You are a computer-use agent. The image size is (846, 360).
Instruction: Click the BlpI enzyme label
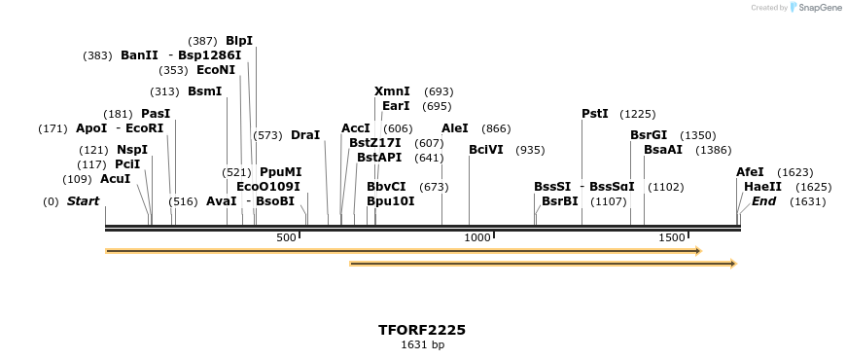point(239,41)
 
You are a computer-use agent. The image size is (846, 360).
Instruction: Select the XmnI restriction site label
point(392,91)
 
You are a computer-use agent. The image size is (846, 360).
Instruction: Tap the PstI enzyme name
point(595,114)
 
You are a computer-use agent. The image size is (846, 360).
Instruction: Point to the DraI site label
point(305,135)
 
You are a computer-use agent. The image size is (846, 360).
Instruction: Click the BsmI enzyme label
point(205,91)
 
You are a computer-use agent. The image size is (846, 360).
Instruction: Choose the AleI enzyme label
point(455,128)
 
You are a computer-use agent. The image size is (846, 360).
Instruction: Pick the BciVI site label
point(486,150)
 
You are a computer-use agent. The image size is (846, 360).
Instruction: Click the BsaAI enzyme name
point(663,150)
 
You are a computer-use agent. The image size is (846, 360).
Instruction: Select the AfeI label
point(750,172)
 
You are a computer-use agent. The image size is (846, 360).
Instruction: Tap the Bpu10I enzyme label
point(391,201)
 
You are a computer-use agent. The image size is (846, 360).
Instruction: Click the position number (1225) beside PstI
point(638,114)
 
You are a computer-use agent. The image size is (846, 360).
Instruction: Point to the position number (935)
point(530,150)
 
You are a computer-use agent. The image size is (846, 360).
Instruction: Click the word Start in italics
point(83,201)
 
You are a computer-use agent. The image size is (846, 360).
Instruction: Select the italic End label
point(764,201)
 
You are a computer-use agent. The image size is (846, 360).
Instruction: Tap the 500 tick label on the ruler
point(286,238)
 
